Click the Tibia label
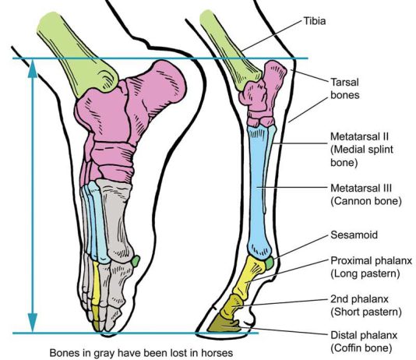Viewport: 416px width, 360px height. tap(315, 21)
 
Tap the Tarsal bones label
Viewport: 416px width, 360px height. tap(344, 89)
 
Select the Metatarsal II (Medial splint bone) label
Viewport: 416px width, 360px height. tap(361, 150)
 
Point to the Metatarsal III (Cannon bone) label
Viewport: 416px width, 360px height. tap(366, 195)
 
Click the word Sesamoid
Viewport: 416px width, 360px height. tap(354, 235)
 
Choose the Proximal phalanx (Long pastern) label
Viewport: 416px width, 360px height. tap(371, 266)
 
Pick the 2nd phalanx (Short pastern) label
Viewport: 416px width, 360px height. tap(366, 305)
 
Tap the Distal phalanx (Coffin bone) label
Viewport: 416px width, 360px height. tap(364, 341)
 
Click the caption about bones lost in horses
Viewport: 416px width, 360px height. tap(141, 353)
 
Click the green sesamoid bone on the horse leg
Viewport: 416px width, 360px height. tap(270, 263)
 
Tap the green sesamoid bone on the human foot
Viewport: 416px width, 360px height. tap(136, 261)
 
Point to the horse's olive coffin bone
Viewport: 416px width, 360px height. tap(223, 324)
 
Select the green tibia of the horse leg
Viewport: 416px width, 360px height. tap(231, 51)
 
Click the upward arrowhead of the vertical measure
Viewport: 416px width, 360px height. tap(33, 69)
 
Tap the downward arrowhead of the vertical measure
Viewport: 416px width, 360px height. tap(33, 323)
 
